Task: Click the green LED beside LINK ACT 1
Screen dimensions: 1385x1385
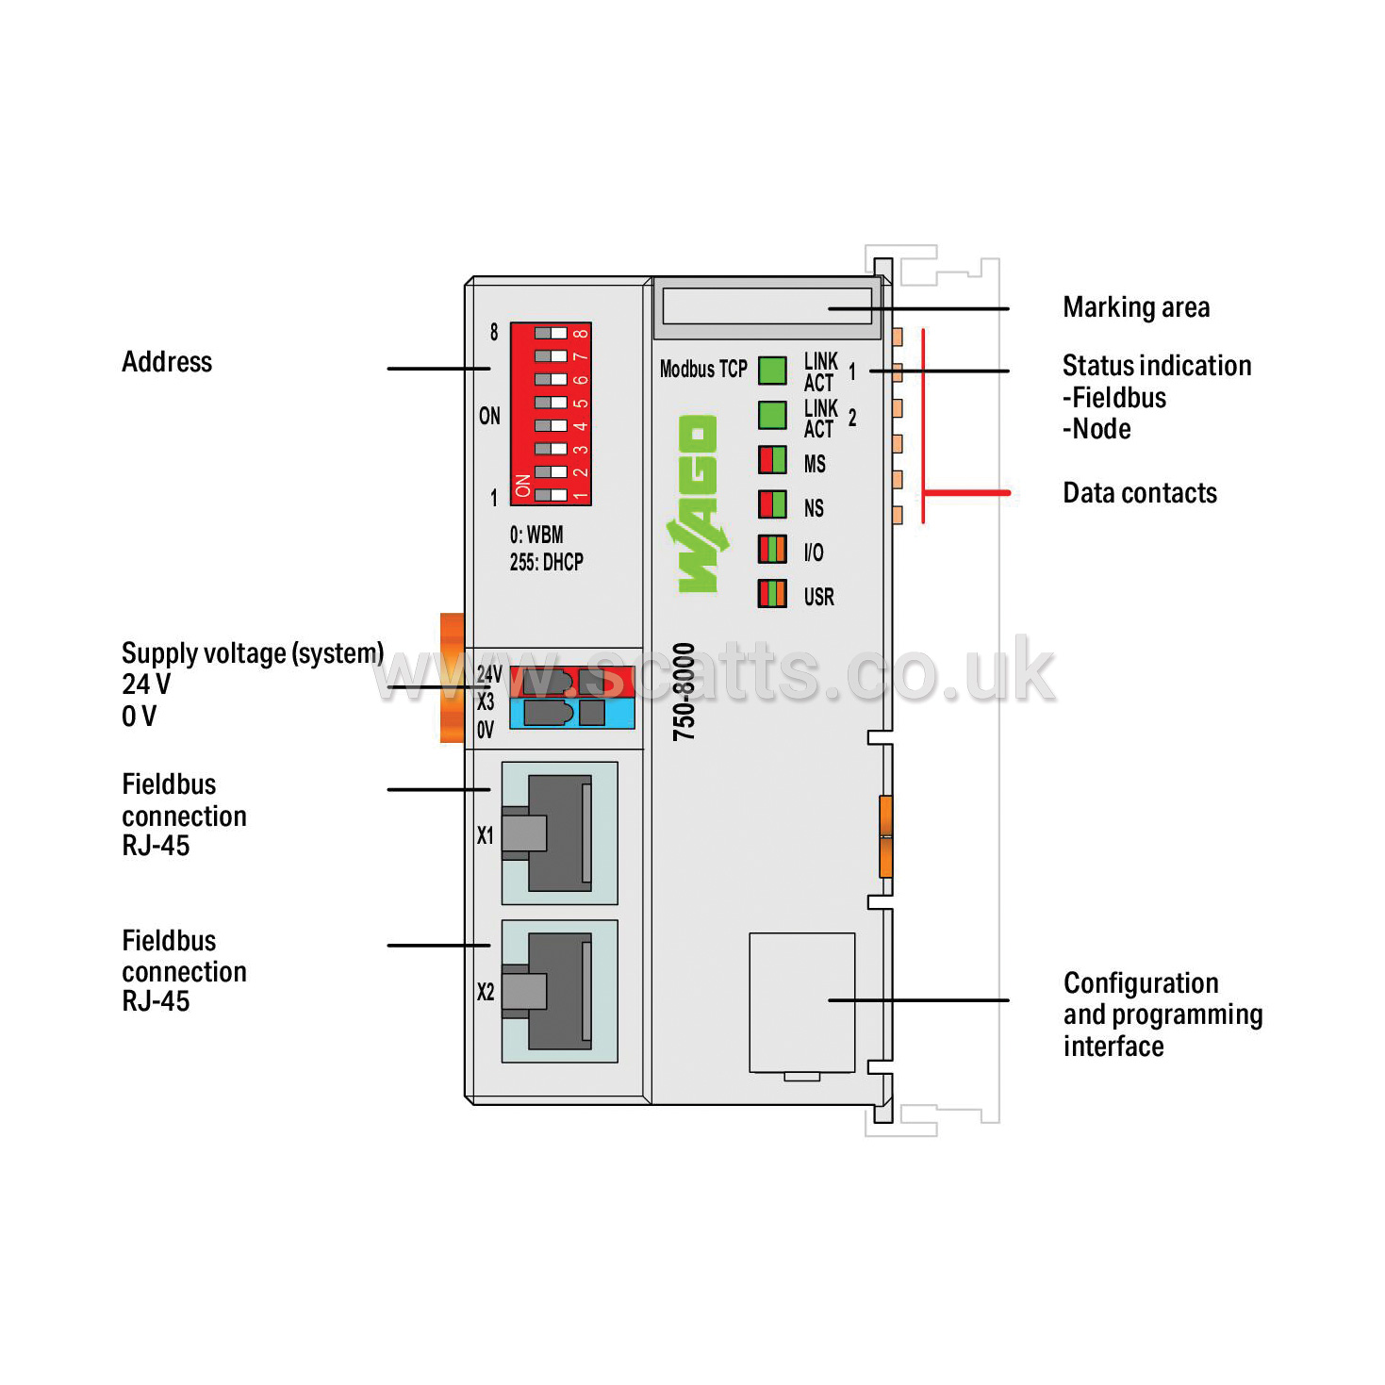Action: (x=772, y=371)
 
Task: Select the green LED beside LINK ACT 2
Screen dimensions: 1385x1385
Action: (x=772, y=416)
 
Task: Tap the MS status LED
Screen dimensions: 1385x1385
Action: (x=772, y=460)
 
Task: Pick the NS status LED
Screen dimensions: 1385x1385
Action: (x=772, y=504)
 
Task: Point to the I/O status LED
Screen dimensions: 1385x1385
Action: (x=772, y=550)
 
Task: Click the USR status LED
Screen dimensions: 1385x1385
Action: (x=772, y=594)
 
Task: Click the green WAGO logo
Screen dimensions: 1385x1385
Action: (x=697, y=503)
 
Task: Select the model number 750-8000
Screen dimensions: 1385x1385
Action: (x=684, y=691)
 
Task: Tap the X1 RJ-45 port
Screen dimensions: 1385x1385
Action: (x=559, y=833)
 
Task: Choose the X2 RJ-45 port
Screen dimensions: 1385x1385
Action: (x=559, y=991)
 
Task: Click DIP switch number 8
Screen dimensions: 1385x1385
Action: (x=552, y=334)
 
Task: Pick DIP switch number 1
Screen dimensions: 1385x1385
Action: (x=552, y=495)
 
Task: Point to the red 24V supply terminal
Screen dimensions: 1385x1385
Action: (x=572, y=682)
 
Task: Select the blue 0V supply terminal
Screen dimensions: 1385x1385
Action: (x=572, y=713)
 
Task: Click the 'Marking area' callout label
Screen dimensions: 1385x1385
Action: (x=1136, y=307)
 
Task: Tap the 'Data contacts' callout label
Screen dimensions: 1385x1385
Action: (x=1140, y=493)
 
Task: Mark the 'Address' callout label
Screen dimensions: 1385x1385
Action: (x=167, y=361)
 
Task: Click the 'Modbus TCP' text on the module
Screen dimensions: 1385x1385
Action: (x=703, y=370)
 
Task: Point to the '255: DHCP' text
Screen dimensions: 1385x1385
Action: (x=546, y=562)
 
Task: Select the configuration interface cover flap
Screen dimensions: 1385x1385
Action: (x=802, y=1003)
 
